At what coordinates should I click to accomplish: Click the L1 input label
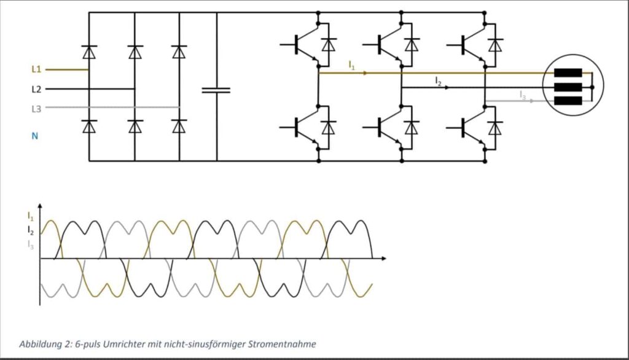[36, 69]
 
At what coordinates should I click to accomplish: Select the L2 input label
[36, 89]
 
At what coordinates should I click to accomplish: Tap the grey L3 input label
[36, 108]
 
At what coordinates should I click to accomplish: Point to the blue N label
[35, 136]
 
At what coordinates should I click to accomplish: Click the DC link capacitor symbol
[216, 90]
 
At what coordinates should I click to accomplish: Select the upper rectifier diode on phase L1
[89, 52]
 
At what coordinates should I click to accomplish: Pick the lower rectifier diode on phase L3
[179, 126]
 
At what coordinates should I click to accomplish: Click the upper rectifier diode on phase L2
[135, 52]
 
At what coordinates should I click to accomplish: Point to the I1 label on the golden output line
[351, 65]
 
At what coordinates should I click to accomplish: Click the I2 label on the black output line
[438, 80]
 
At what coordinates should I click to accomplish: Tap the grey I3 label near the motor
[523, 95]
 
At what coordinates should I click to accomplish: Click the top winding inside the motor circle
[567, 72]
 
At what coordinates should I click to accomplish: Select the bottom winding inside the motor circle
[567, 101]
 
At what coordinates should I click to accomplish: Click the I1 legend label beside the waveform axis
[30, 216]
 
